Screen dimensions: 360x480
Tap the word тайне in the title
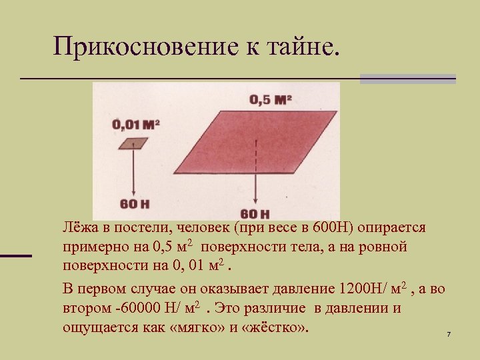click(x=298, y=47)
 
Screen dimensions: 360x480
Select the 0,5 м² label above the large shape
click(x=271, y=100)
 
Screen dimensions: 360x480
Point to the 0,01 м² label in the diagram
click(x=136, y=124)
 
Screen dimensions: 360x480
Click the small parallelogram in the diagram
click(x=135, y=143)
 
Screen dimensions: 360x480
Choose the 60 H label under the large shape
click(x=255, y=214)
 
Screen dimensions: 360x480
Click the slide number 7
click(x=449, y=333)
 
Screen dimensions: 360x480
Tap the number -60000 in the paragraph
click(x=133, y=309)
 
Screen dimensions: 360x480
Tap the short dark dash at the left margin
click(x=16, y=255)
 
